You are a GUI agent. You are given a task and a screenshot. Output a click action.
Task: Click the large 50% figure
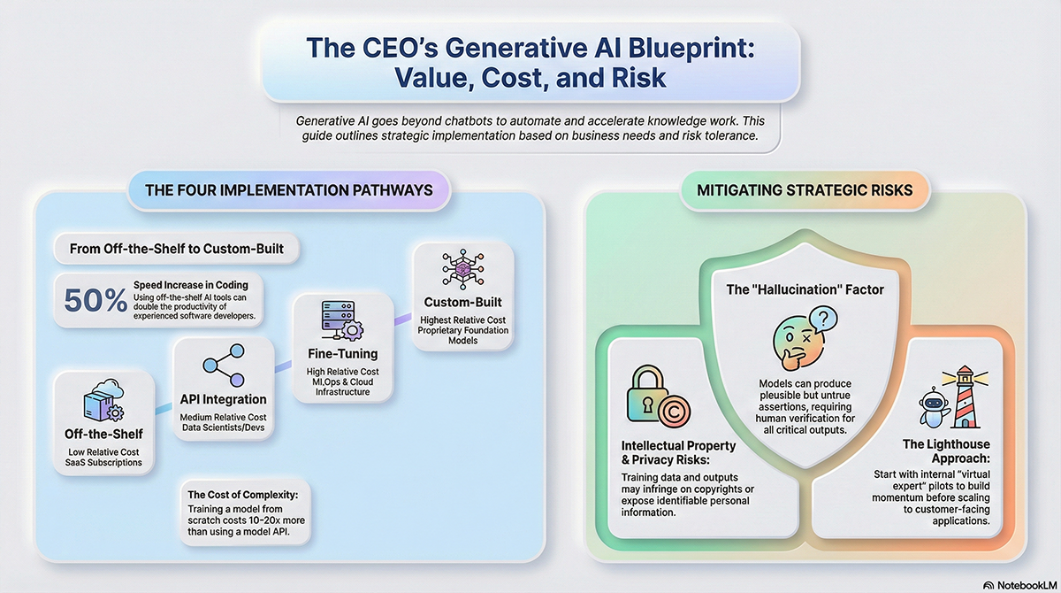coord(95,300)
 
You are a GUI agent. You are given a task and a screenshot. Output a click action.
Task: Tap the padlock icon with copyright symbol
coord(658,396)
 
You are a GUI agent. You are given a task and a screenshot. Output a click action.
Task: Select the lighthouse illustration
coord(966,397)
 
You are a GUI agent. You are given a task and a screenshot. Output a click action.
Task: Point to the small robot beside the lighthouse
coord(934,407)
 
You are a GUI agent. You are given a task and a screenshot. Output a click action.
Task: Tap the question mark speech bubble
coord(823,320)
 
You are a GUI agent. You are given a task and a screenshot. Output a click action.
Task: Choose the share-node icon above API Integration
coord(224,365)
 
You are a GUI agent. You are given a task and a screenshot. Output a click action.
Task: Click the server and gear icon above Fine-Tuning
coord(342,320)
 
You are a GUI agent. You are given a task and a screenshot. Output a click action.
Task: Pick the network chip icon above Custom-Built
coord(462,269)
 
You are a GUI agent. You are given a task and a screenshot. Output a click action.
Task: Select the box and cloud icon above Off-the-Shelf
coord(103,400)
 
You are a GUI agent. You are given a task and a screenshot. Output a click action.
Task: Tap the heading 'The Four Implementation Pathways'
coord(289,190)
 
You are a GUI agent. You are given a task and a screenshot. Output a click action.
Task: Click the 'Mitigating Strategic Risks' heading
coord(805,190)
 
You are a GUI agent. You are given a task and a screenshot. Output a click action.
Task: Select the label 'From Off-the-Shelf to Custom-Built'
coord(177,249)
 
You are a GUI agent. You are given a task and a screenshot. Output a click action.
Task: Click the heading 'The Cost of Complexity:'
coord(243,495)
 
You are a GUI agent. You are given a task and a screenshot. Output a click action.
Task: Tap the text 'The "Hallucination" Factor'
coord(805,289)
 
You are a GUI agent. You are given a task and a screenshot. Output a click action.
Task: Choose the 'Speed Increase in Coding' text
coord(191,285)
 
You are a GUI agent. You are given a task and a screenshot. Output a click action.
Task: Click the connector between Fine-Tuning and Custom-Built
coord(403,320)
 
